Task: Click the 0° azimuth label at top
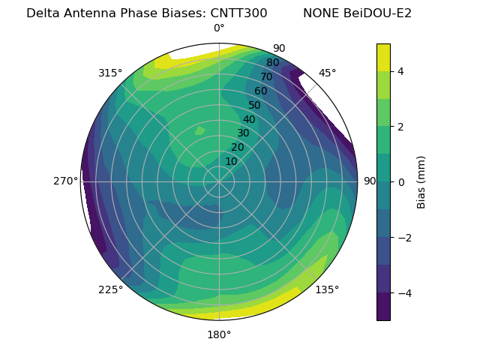pos(219,28)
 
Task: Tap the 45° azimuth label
pos(327,73)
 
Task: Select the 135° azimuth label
pos(327,289)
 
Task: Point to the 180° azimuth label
pos(219,334)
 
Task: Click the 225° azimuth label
pos(110,289)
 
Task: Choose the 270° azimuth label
pos(66,181)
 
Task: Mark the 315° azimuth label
pos(110,73)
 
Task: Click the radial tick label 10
pos(231,161)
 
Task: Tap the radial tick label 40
pos(249,119)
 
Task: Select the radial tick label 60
pos(260,91)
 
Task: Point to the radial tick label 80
pos(272,63)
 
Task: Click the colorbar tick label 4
pos(401,71)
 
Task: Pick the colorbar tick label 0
pos(401,182)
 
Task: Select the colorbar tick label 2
pos(401,127)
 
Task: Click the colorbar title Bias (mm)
pos(421,182)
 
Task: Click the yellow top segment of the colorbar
pos(383,58)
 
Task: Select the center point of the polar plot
pos(219,181)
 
